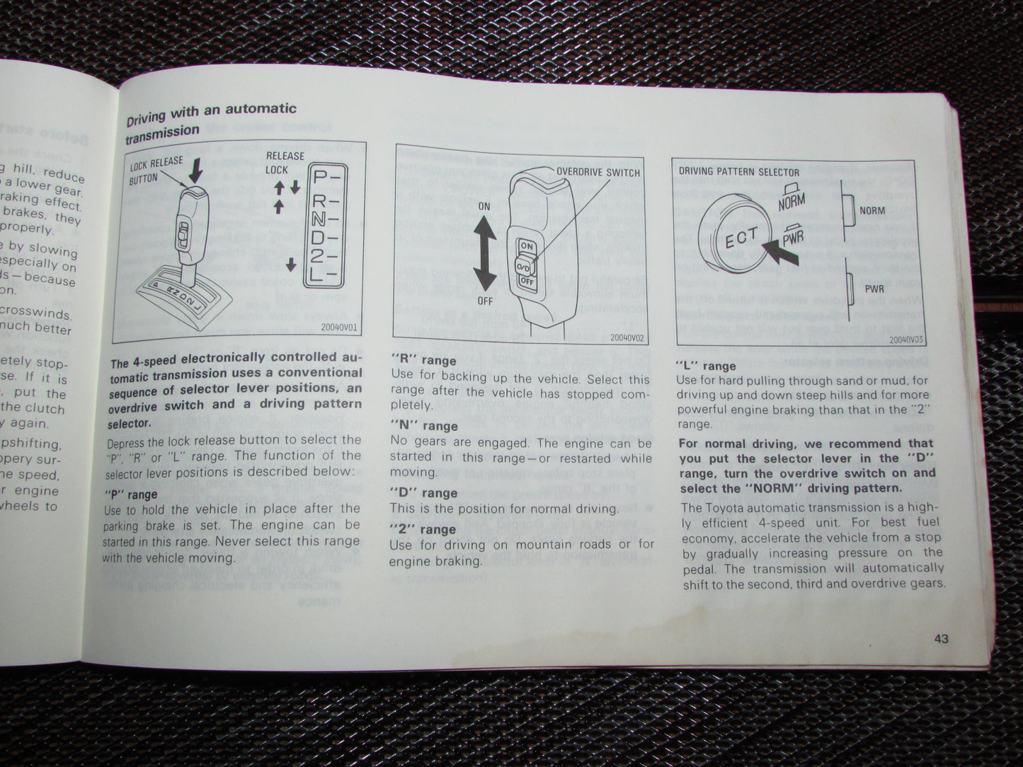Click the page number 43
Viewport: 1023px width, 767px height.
[x=941, y=639]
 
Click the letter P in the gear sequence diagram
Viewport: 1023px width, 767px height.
[x=321, y=178]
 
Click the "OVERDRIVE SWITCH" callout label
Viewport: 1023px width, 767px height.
[x=598, y=172]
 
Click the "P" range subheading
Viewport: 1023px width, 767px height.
[x=131, y=495]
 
